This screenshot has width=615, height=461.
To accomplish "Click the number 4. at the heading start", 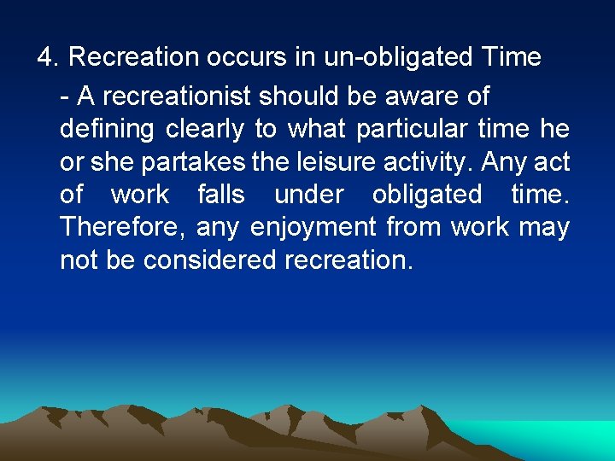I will click(47, 58).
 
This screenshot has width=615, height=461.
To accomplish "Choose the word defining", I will click(107, 130).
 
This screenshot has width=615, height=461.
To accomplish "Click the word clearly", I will click(202, 130).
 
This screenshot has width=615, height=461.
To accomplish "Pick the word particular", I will click(412, 130).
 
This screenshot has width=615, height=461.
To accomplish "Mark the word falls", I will click(221, 195).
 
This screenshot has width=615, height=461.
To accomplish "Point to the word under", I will click(307, 195).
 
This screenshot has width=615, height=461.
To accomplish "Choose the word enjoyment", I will click(313, 228).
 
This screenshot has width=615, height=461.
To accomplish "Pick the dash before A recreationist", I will click(66, 97).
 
